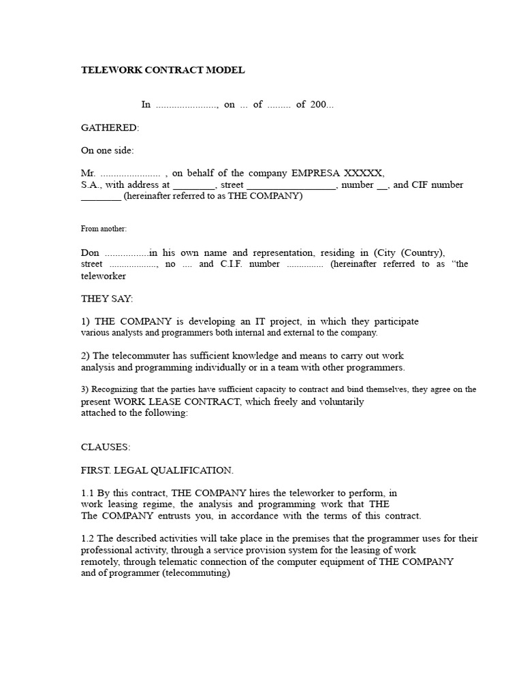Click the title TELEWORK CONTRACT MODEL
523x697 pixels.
(x=163, y=70)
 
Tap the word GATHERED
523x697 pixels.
(x=110, y=127)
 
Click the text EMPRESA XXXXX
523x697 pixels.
(x=338, y=173)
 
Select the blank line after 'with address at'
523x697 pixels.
(x=193, y=185)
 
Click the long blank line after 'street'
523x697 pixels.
(x=291, y=185)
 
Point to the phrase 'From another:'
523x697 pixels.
(x=104, y=229)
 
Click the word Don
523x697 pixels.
(x=90, y=252)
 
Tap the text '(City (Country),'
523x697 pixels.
(x=409, y=252)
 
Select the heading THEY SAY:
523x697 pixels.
(x=107, y=298)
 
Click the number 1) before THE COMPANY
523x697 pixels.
(x=86, y=321)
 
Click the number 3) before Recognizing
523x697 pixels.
(x=85, y=390)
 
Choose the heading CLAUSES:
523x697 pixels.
(x=106, y=447)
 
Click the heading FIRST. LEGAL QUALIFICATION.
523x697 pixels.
(x=157, y=470)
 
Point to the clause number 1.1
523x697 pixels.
(x=88, y=493)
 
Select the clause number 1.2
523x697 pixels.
(x=88, y=538)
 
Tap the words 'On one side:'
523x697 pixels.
(x=108, y=150)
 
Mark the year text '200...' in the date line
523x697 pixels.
(x=322, y=104)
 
